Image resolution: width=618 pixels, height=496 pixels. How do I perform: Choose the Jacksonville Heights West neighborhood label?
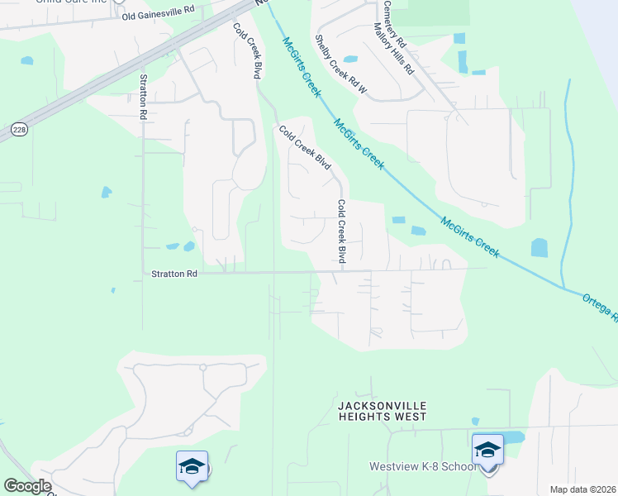pyautogui.click(x=383, y=411)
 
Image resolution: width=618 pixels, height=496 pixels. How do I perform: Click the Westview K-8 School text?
pyautogui.click(x=422, y=467)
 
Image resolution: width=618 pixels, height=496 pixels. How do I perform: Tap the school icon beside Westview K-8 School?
pyautogui.click(x=487, y=451)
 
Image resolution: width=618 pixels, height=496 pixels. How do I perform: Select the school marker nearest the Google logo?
pyautogui.click(x=192, y=466)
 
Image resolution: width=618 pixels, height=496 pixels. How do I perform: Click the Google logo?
pyautogui.click(x=27, y=486)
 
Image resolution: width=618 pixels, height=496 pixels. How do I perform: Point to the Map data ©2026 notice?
pyautogui.click(x=582, y=489)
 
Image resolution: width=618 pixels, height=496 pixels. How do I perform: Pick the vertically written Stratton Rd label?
pyautogui.click(x=144, y=97)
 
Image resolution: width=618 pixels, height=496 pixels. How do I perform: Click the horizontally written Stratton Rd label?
pyautogui.click(x=174, y=274)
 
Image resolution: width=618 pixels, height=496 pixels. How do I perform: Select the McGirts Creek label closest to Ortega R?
pyautogui.click(x=470, y=237)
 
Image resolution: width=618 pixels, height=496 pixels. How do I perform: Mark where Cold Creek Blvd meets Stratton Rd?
pyautogui.click(x=343, y=270)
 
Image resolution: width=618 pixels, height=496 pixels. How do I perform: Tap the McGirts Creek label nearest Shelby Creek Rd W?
pyautogui.click(x=301, y=68)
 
